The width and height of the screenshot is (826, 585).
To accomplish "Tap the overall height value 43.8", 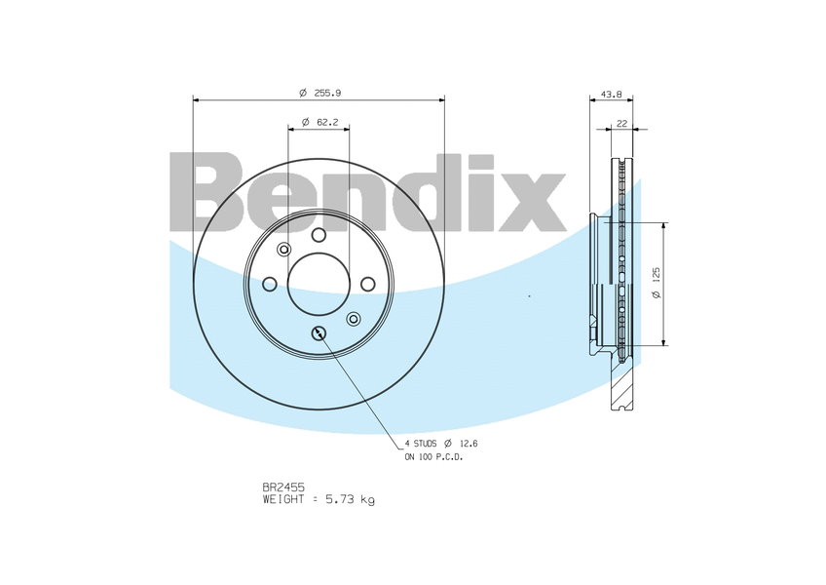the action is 612,95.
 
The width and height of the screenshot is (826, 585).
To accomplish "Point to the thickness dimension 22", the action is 622,124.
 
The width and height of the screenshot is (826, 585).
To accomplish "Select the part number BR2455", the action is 283,487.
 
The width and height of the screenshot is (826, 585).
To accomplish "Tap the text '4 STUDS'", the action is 421,444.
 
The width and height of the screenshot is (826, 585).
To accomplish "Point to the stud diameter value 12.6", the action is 468,444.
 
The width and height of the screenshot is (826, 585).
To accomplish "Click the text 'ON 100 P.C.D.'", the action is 433,457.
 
